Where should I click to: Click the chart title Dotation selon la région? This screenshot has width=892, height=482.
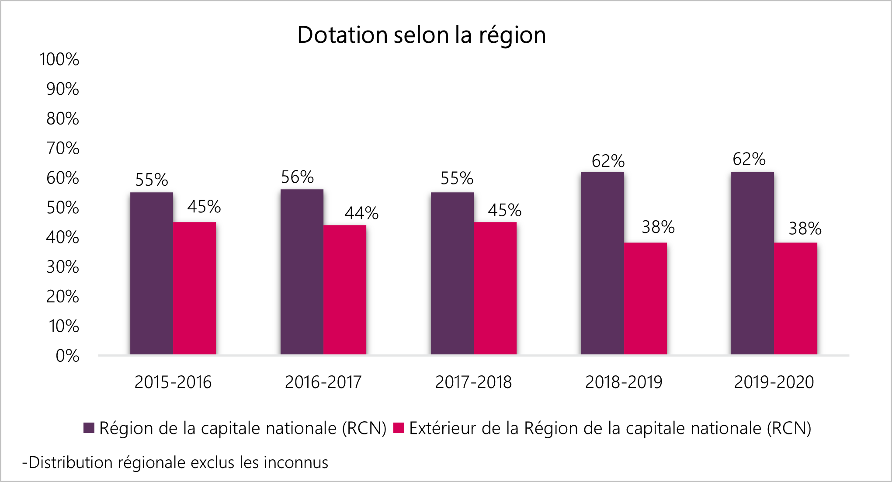click(421, 35)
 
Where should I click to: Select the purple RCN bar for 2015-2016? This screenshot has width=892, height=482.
click(151, 273)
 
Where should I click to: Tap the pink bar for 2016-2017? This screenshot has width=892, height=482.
click(345, 289)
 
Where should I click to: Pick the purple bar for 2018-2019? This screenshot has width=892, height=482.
click(602, 263)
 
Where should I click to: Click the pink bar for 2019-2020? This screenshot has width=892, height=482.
click(795, 298)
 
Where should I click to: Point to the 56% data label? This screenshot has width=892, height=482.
click(297, 177)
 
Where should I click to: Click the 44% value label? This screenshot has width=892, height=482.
click(361, 213)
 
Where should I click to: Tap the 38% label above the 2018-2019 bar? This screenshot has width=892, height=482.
click(658, 227)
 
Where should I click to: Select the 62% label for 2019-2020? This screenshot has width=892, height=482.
click(749, 159)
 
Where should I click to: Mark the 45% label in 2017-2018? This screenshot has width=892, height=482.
click(504, 211)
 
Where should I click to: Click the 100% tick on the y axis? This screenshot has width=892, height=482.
click(59, 59)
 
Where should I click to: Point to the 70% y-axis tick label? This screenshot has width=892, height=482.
click(62, 149)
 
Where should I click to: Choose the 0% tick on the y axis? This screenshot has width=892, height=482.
click(67, 356)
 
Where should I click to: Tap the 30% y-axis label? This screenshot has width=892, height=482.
click(62, 267)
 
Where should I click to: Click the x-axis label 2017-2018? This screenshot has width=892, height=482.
click(473, 382)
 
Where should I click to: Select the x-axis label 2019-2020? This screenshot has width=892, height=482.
click(774, 382)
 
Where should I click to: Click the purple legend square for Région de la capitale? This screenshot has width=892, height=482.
click(89, 428)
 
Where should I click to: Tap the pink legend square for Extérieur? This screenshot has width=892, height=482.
click(399, 428)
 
